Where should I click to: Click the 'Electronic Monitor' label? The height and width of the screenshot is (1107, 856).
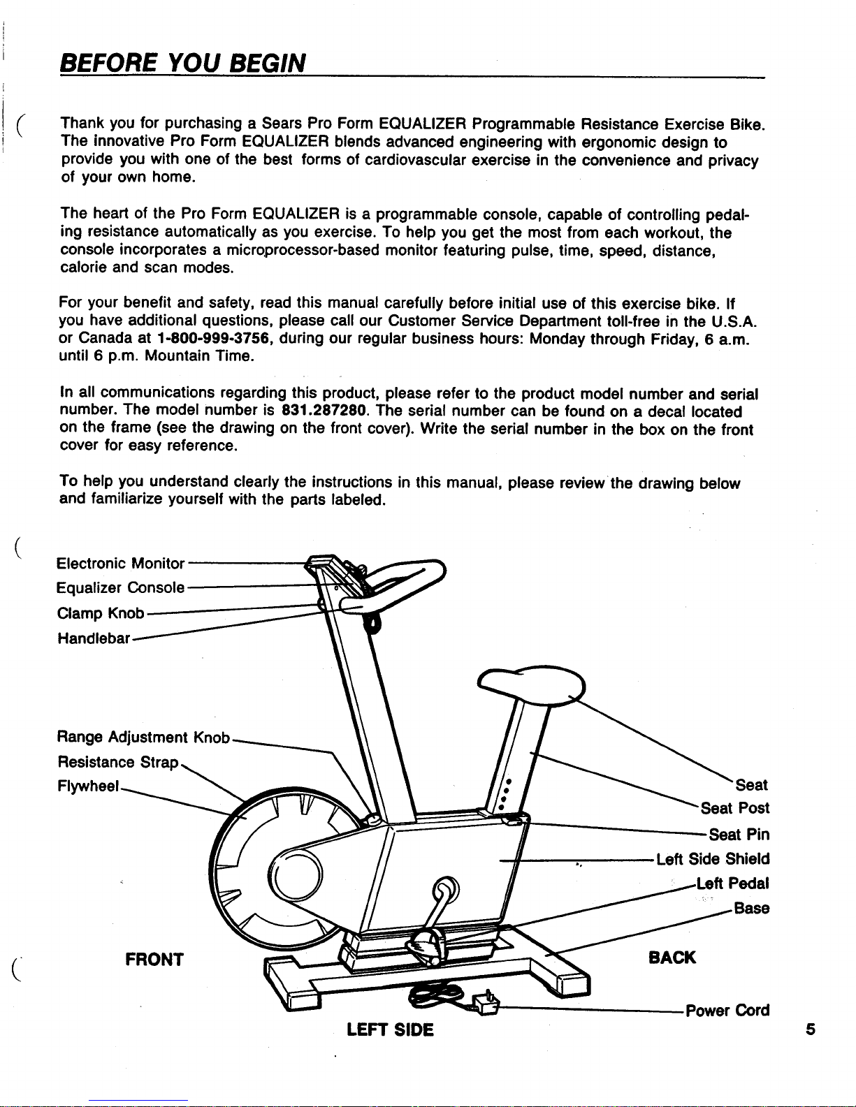coord(120,563)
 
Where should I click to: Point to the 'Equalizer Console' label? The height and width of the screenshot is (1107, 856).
coord(120,588)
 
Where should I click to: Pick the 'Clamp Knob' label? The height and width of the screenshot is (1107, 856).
coord(100,613)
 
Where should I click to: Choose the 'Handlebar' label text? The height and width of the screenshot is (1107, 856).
coord(94,638)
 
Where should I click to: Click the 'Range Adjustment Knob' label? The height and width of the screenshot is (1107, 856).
coord(143,737)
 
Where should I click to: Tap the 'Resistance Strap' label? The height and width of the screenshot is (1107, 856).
coord(119,761)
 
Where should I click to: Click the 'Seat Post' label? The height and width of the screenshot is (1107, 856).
coord(735,808)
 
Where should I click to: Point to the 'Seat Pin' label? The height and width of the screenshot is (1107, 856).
coord(739,834)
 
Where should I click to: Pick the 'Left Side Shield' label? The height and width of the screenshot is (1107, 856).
coord(713,858)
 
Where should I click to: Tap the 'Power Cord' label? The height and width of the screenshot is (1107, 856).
coord(727,1011)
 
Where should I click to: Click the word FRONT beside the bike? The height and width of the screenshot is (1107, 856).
coord(154,959)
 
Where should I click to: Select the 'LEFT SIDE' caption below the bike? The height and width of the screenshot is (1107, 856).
coord(390,1029)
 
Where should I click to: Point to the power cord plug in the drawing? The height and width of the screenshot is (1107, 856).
coord(484,1003)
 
